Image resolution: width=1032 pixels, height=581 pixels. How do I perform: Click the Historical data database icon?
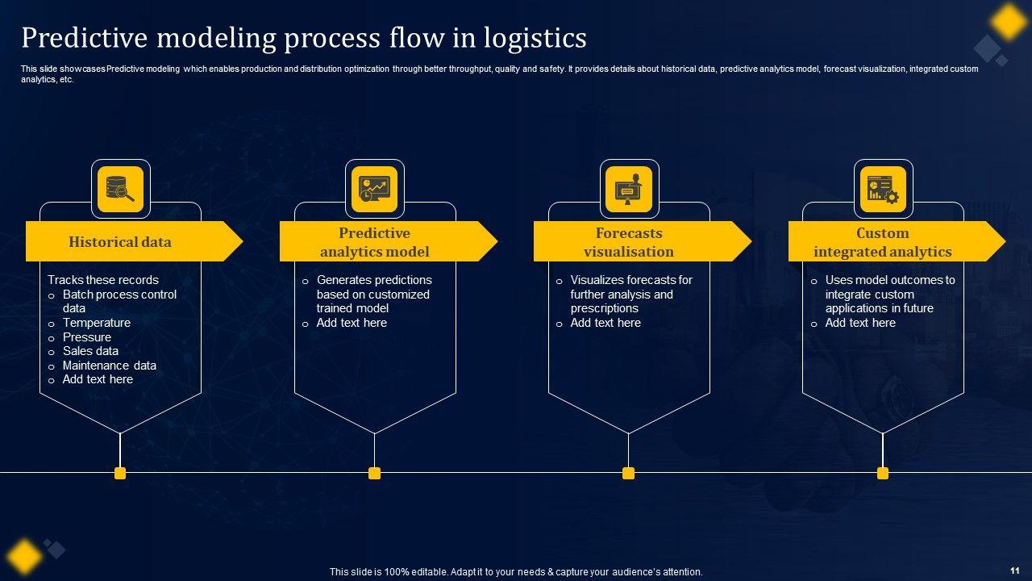[120, 189]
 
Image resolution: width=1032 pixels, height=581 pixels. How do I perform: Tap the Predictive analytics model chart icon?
[374, 189]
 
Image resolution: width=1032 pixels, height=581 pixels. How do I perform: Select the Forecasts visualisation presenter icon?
[629, 189]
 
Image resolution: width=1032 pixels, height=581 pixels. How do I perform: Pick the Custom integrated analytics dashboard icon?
[883, 189]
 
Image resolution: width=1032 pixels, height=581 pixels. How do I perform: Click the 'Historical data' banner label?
[120, 241]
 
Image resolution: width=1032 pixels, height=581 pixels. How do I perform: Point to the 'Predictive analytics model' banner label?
[374, 242]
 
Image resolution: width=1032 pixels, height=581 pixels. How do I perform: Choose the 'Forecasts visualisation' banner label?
[629, 242]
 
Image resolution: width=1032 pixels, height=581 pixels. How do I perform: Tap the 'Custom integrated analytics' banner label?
[883, 242]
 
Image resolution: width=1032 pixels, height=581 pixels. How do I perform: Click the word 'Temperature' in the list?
[97, 323]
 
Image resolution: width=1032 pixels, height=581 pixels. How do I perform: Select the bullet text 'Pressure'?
[87, 337]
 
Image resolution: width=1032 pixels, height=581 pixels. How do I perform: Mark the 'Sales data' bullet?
[90, 351]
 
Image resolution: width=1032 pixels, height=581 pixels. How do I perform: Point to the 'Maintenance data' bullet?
[110, 366]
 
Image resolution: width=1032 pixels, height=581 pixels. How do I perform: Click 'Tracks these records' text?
[103, 280]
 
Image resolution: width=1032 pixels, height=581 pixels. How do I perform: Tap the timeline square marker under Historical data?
[120, 473]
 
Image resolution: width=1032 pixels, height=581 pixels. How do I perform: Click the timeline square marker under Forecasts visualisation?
[629, 473]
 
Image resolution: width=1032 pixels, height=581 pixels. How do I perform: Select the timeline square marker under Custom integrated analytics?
[883, 473]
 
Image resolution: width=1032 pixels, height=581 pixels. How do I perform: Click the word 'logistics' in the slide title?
[529, 38]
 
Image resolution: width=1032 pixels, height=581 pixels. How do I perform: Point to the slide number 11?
[1013, 571]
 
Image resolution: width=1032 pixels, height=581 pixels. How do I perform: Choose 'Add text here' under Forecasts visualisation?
[605, 323]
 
